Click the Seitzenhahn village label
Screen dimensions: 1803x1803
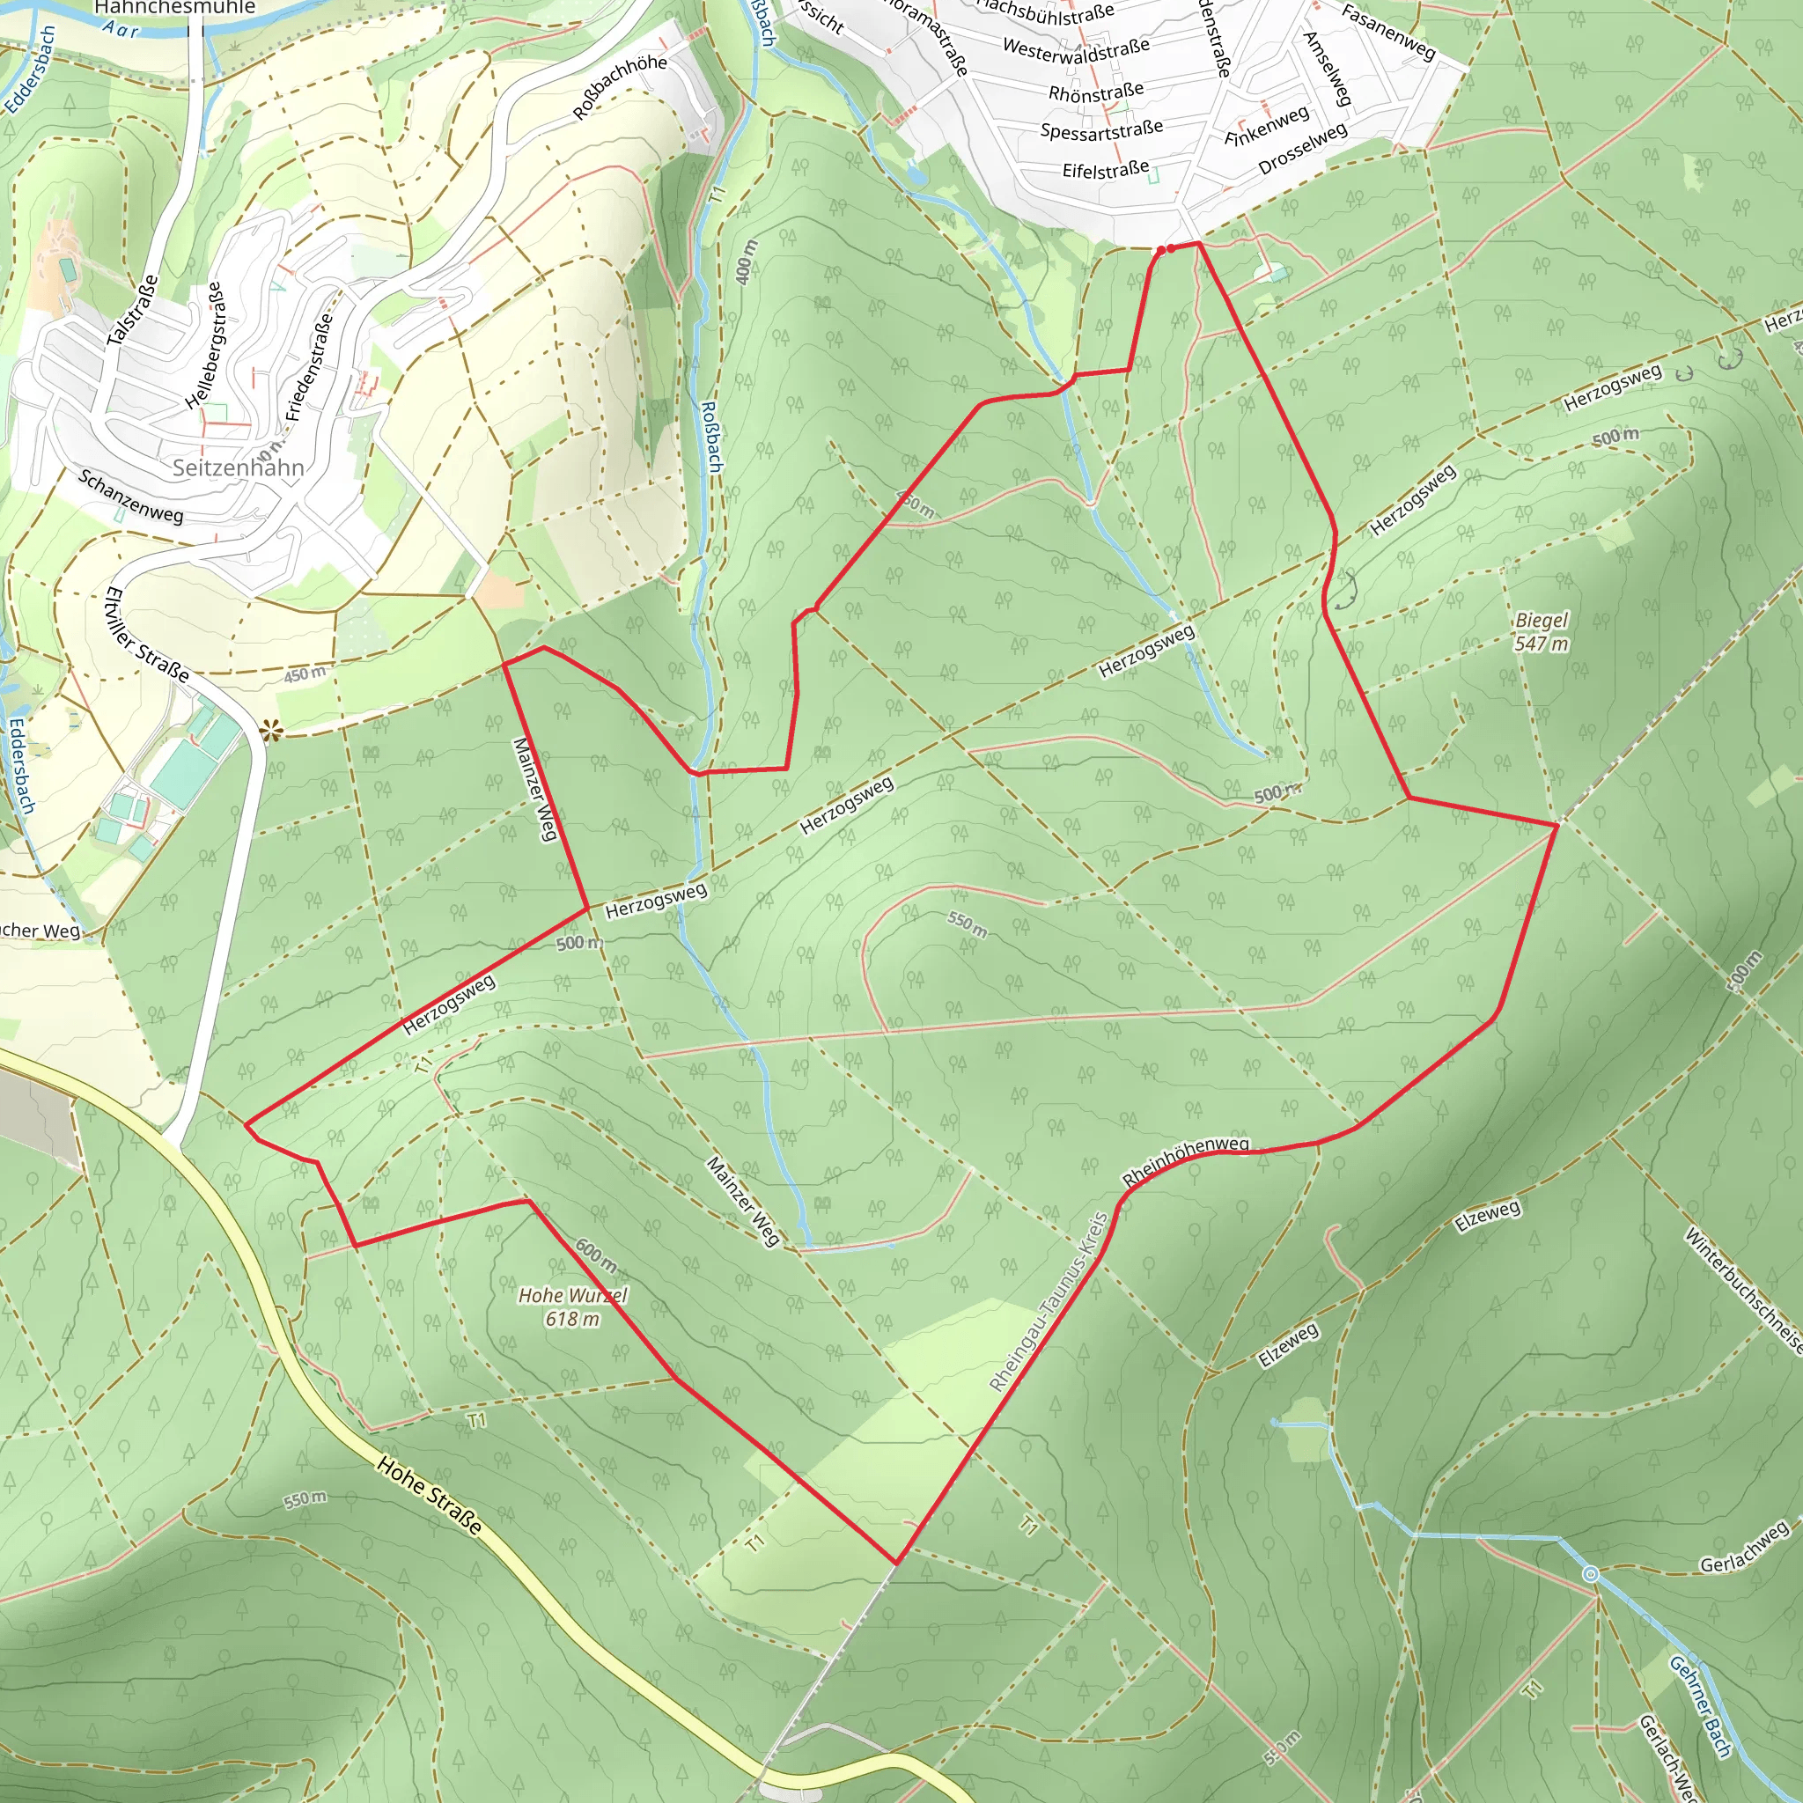click(x=238, y=467)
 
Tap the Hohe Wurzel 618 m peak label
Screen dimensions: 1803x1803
click(x=572, y=1306)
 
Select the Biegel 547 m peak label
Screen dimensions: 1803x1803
click(x=1542, y=632)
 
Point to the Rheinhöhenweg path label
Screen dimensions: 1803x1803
click(x=1185, y=1161)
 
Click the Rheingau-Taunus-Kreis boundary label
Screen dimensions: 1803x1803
click(x=1048, y=1302)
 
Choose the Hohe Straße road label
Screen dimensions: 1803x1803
click(x=430, y=1495)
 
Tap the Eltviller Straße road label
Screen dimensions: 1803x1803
click(x=146, y=634)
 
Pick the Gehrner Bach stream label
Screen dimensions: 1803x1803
click(x=1700, y=1707)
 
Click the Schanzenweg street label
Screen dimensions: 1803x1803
click(x=130, y=496)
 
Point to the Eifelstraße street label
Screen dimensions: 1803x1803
click(x=1105, y=170)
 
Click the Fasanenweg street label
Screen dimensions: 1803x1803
click(x=1387, y=32)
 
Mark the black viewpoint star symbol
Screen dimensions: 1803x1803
click(x=271, y=732)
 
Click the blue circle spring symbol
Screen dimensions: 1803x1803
click(x=1591, y=1574)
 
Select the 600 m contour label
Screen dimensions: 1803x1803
click(x=595, y=1255)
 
